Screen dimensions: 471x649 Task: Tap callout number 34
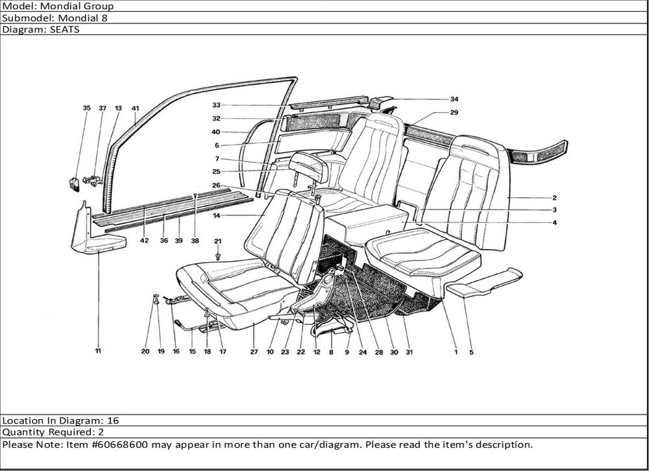point(454,99)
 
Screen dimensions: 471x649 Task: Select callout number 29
point(454,112)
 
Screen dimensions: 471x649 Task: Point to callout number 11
point(98,352)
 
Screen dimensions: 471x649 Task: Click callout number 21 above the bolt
point(218,241)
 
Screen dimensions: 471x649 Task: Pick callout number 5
point(472,352)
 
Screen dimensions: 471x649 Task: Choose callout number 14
point(217,215)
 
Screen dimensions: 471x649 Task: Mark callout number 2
point(555,197)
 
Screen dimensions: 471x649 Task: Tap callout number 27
point(253,352)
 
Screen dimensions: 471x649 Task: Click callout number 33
point(216,105)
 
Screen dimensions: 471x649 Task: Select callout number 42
point(144,241)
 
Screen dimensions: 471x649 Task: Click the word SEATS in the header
point(65,29)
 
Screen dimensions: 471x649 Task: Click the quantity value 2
point(101,432)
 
